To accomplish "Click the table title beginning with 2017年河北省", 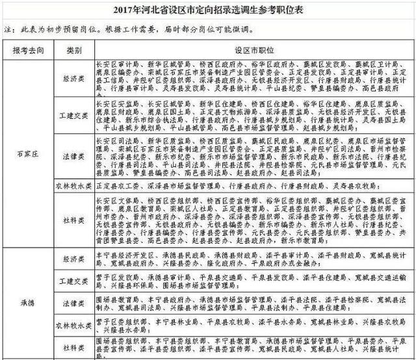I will [x=208, y=9].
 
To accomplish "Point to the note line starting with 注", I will [x=130, y=30].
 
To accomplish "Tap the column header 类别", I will [x=73, y=50].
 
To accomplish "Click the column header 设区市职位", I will [x=251, y=50].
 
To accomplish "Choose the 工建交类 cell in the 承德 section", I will [x=73, y=281].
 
